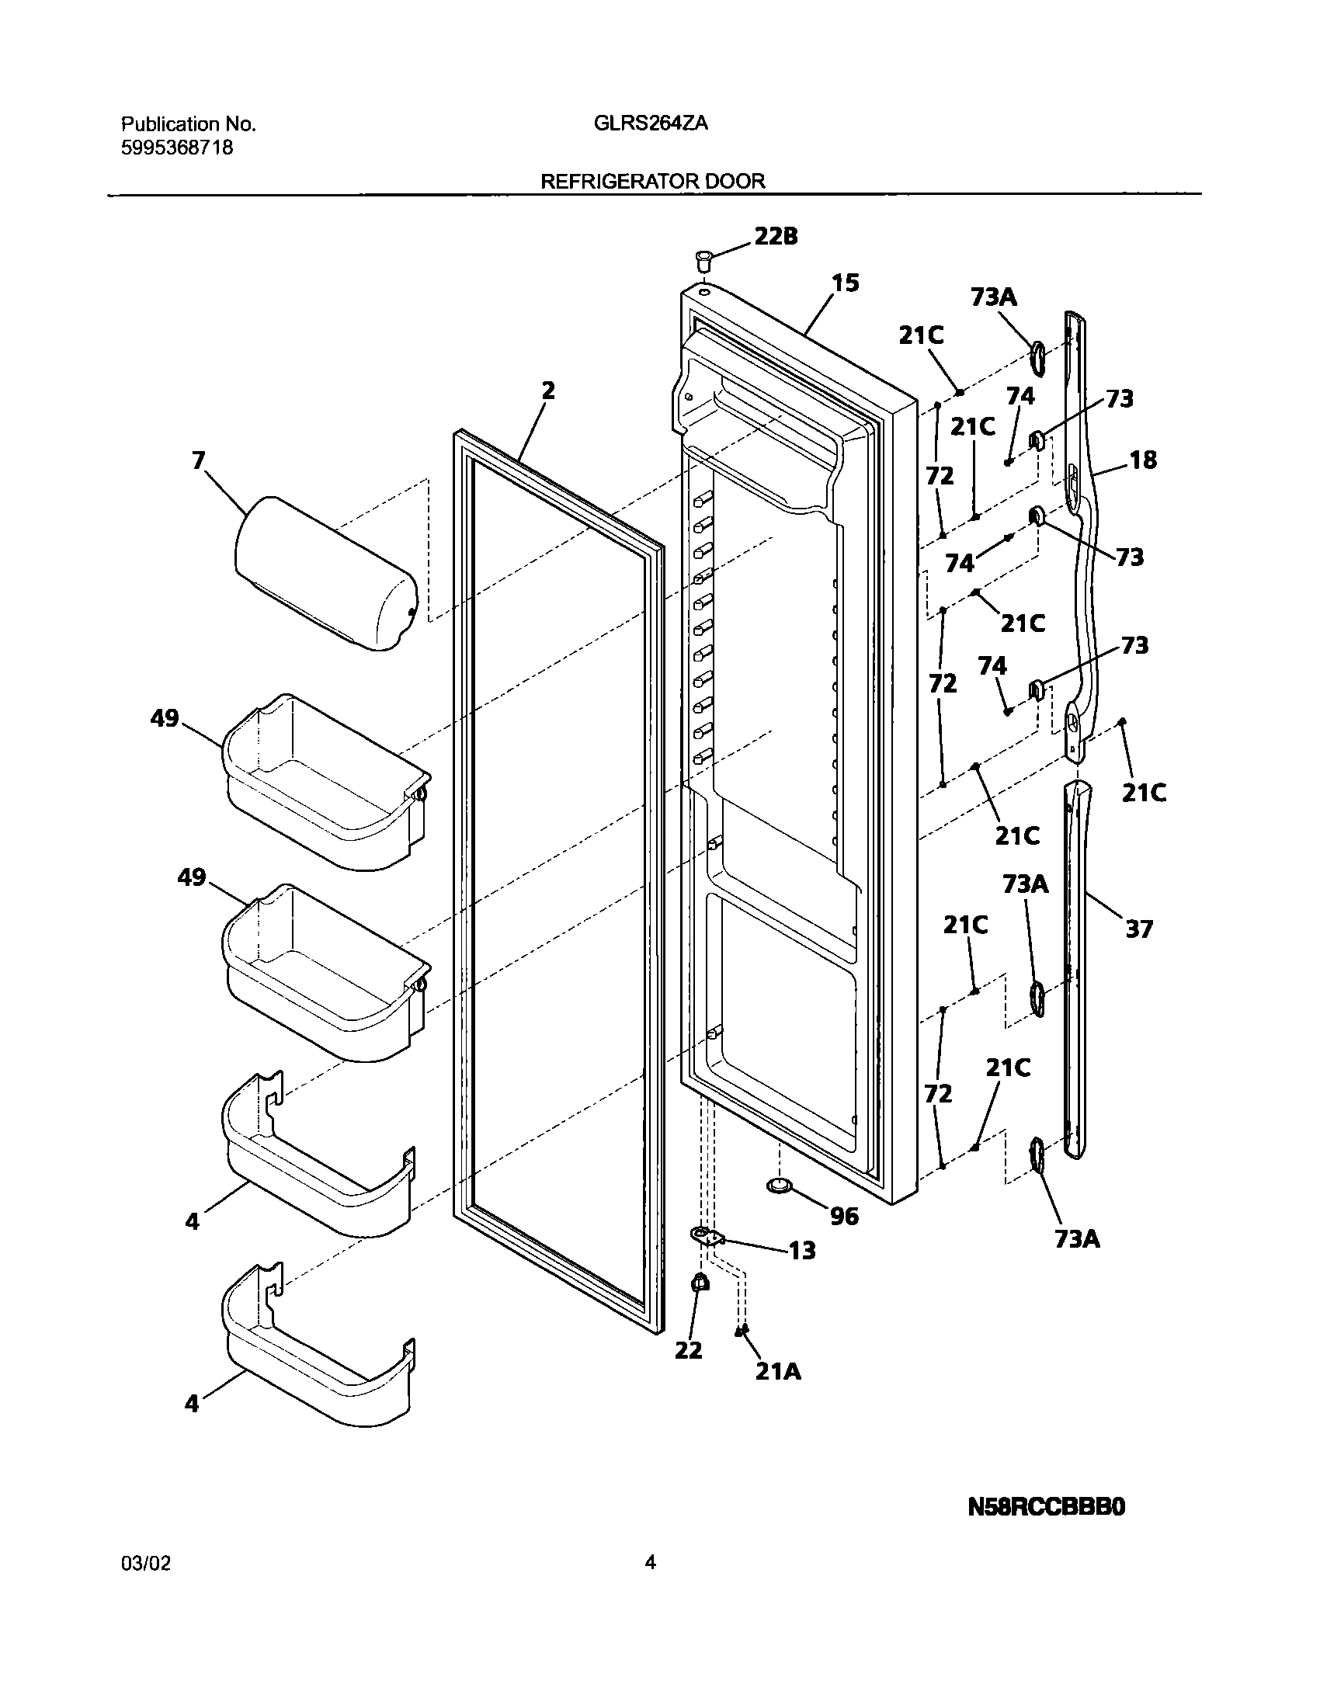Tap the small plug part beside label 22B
(x=703, y=259)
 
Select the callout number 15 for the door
(x=846, y=283)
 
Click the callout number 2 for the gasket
(x=548, y=391)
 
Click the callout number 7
(x=199, y=461)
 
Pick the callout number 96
(x=845, y=1216)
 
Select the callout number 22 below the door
(x=688, y=1351)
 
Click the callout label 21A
(x=778, y=1373)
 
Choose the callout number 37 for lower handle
(x=1139, y=929)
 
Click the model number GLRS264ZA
(x=651, y=124)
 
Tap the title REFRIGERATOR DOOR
(x=652, y=182)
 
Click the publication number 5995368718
(x=177, y=148)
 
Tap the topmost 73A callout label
(x=993, y=297)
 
